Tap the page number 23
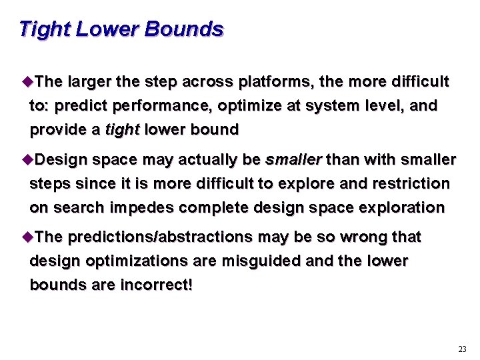pos(462,349)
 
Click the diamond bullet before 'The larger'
pos(27,82)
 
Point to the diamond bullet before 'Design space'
pos(27,160)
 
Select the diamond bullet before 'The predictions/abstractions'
pos(27,237)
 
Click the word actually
pos(205,160)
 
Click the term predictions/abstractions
pos(160,237)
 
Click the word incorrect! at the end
pos(157,285)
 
